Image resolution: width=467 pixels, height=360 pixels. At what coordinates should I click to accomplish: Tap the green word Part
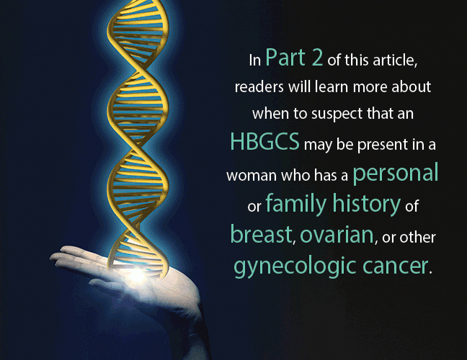(285, 57)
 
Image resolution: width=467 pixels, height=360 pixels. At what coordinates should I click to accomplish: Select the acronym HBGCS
(264, 141)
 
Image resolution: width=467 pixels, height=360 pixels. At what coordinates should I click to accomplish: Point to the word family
(296, 204)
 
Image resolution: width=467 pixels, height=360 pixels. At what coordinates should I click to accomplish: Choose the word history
(366, 204)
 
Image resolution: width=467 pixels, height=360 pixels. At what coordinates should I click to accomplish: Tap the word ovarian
(337, 235)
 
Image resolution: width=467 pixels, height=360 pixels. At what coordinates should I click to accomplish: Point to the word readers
(259, 87)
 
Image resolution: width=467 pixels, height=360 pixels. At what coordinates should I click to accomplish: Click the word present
(383, 145)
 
